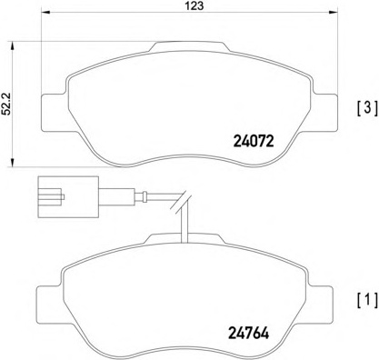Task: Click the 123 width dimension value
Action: pos(194,5)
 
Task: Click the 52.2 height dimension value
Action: pos(6,104)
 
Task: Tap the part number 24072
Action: pos(254,141)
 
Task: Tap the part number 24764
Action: pos(248,334)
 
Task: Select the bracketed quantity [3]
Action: pos(367,108)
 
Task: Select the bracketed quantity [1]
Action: pos(367,300)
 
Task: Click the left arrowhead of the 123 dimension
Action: pos(45,13)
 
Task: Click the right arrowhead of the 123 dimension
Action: pos(334,13)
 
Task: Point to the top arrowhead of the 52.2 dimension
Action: pos(13,45)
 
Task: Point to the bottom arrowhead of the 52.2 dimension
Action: pos(13,162)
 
